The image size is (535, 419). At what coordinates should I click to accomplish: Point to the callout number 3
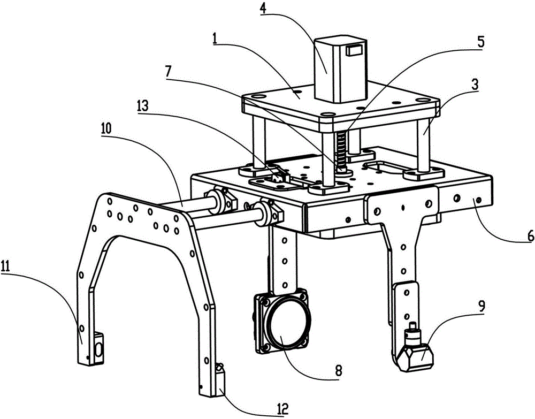475,85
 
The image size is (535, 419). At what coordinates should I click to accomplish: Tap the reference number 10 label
106,128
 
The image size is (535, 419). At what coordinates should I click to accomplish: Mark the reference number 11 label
5,264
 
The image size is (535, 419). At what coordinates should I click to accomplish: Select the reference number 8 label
338,371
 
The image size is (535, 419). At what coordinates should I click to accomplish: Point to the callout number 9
481,306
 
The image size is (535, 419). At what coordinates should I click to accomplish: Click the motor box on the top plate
340,70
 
